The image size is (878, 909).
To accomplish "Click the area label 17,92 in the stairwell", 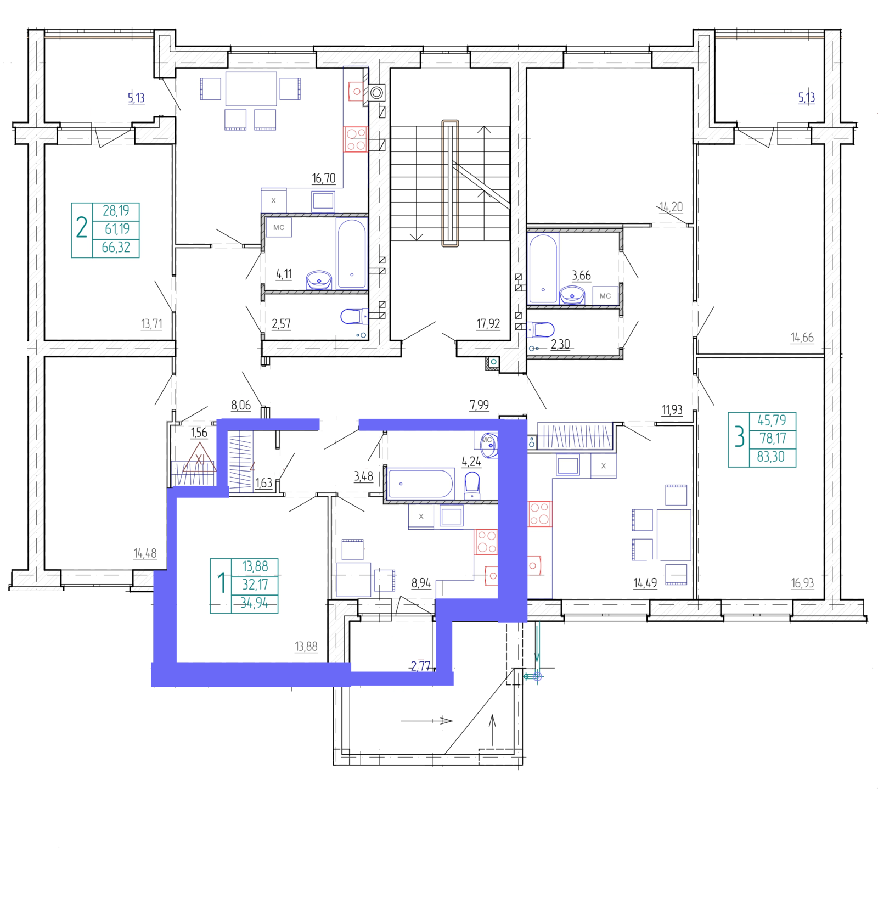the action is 488,324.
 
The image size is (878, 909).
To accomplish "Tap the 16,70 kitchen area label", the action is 323,178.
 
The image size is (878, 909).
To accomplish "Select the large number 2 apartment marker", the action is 82,227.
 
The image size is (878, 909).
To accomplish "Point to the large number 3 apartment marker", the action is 739,437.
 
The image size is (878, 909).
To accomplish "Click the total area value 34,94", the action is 255,603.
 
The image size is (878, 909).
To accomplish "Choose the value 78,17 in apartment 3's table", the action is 773,438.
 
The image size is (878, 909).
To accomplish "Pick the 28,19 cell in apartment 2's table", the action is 116,210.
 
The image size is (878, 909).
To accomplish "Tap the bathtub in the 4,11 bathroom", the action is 352,253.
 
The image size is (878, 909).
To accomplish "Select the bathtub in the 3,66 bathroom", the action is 543,268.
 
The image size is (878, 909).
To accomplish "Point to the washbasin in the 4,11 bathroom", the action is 319,280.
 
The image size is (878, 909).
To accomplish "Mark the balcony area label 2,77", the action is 421,666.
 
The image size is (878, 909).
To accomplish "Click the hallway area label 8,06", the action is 241,405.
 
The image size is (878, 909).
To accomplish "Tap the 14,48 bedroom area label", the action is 145,553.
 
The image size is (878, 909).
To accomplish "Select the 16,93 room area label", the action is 802,583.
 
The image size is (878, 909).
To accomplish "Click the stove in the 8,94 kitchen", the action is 486,541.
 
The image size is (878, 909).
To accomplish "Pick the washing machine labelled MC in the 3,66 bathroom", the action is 605,296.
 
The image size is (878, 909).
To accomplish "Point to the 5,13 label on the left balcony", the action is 136,98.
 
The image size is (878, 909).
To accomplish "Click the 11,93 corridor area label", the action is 672,409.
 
